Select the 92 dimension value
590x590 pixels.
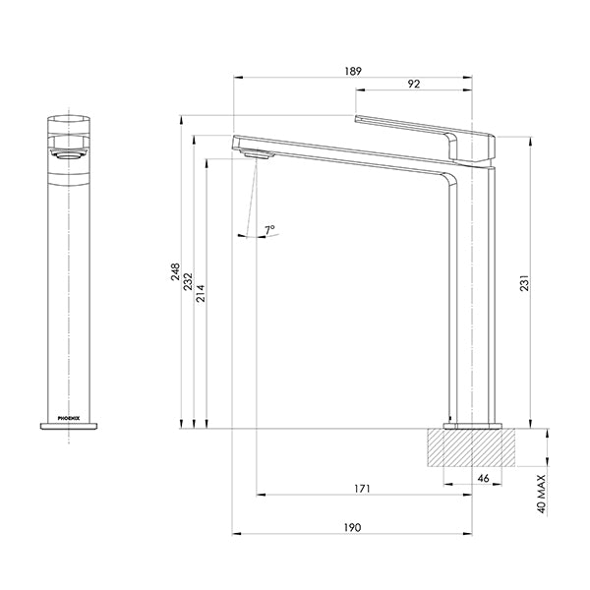pos(413,85)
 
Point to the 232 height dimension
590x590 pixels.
pos(187,280)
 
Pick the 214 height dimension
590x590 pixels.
pos(201,292)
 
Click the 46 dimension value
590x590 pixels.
pos(483,478)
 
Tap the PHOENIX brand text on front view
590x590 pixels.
pos(69,418)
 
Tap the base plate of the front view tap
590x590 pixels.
pos(69,426)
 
